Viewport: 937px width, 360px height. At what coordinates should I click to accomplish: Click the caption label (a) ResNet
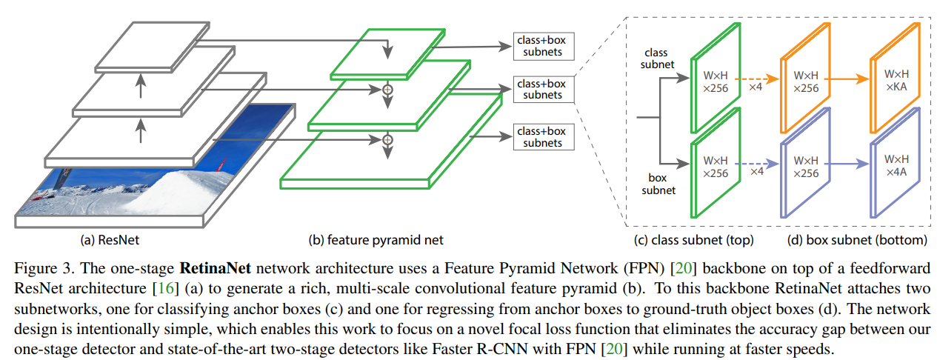[x=110, y=240]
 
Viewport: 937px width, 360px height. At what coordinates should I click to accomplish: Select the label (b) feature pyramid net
[x=376, y=240]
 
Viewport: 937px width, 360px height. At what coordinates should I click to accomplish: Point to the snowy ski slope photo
[x=148, y=178]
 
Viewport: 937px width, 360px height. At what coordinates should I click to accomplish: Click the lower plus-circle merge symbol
[x=386, y=139]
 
